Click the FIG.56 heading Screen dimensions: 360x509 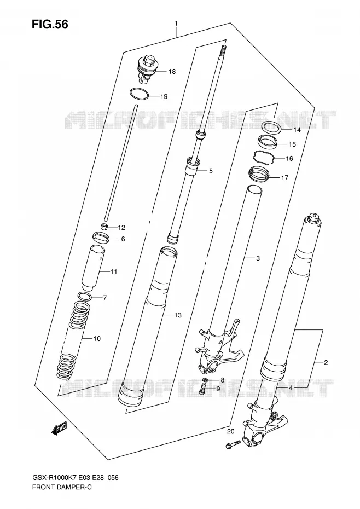(50, 24)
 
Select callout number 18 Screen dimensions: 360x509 (172, 71)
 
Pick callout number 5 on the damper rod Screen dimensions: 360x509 (211, 171)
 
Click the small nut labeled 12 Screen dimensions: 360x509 (103, 227)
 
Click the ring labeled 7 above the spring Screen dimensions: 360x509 (84, 296)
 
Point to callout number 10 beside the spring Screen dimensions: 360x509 (97, 339)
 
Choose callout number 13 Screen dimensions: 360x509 (178, 315)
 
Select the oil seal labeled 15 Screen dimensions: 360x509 (267, 142)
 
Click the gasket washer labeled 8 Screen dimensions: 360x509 (205, 380)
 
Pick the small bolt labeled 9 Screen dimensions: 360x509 (202, 389)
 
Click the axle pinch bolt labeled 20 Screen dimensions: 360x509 (233, 444)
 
